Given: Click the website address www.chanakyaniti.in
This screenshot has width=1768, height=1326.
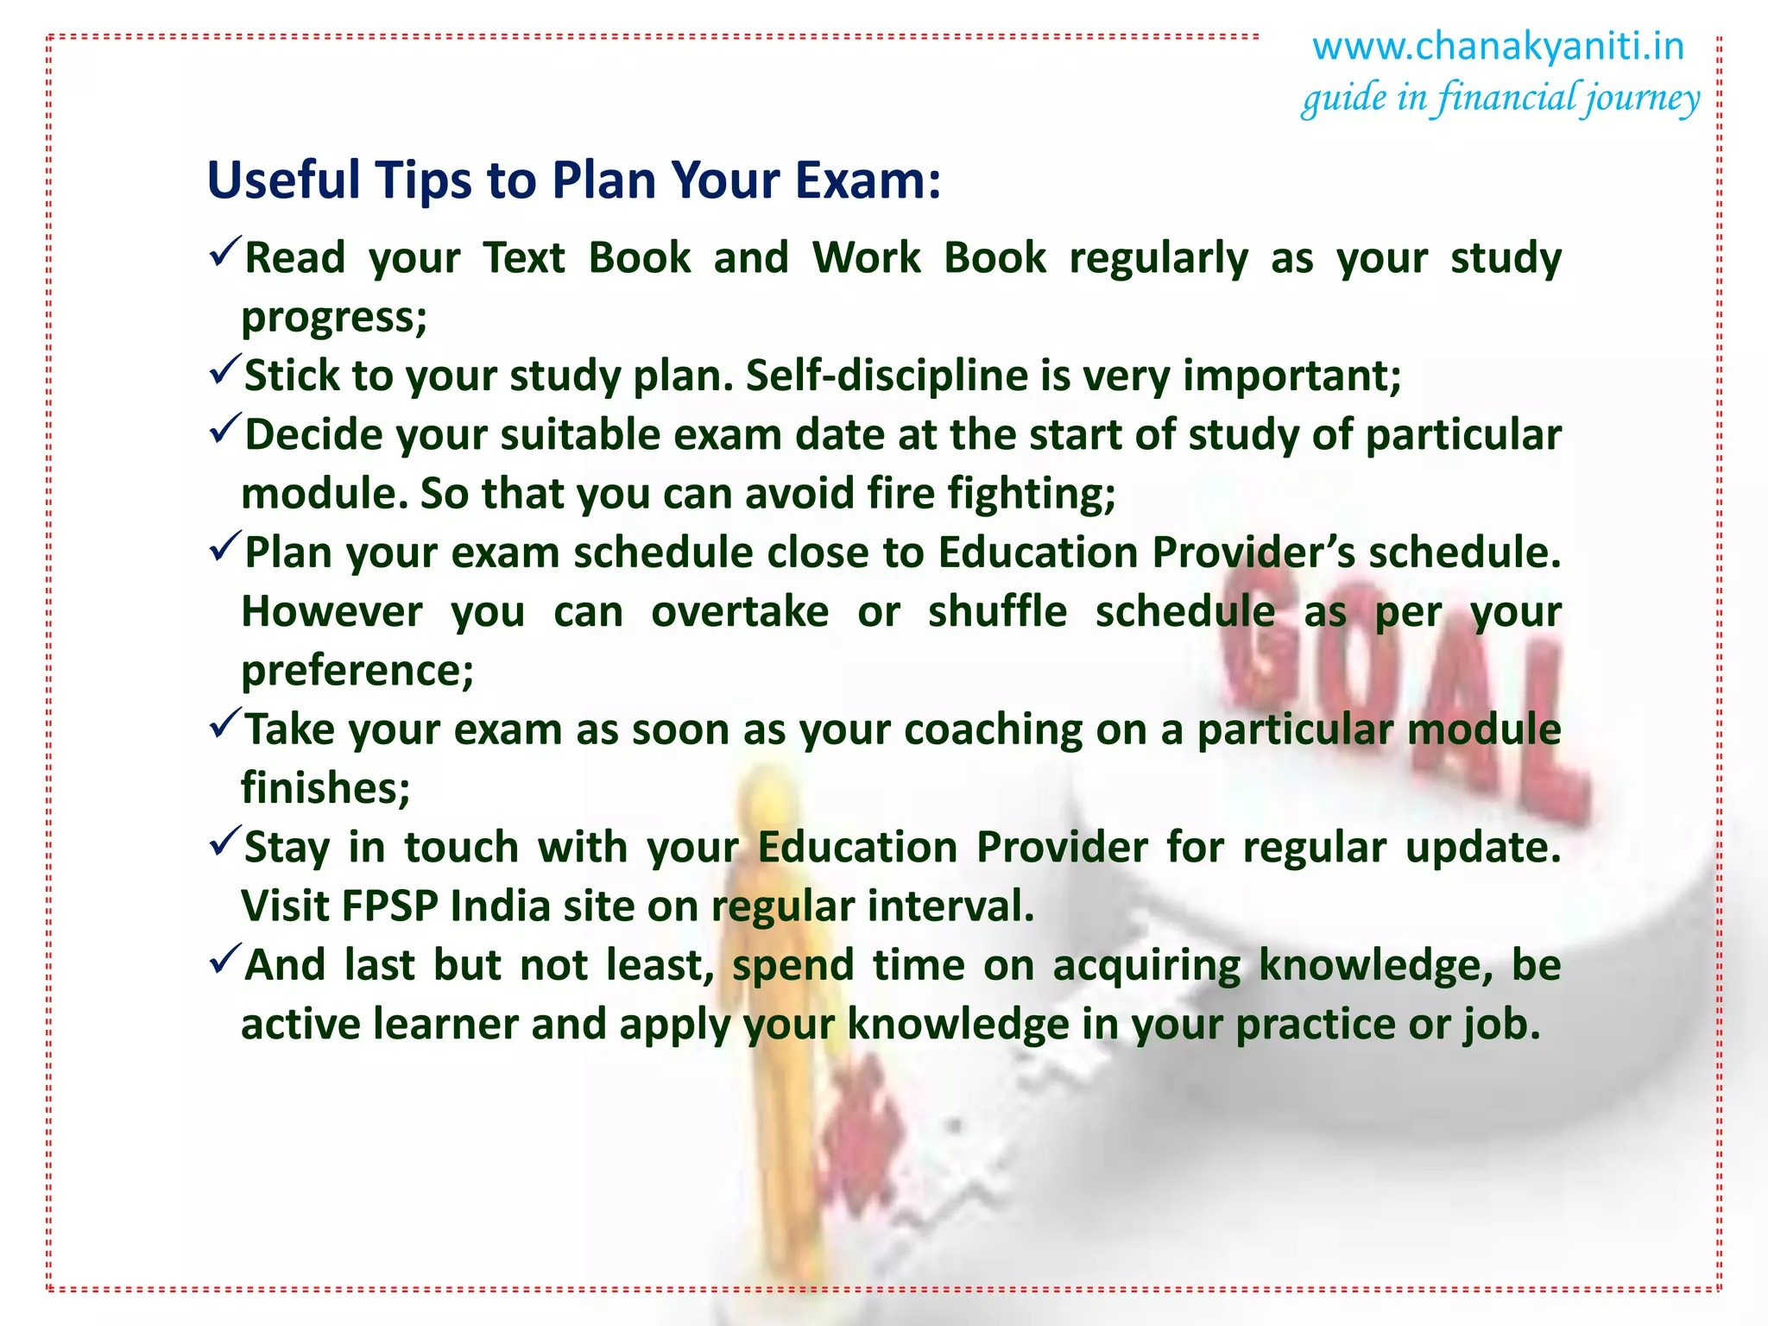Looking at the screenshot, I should pyautogui.click(x=1498, y=47).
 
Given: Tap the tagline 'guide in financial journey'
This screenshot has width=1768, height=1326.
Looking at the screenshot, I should pyautogui.click(x=1500, y=98).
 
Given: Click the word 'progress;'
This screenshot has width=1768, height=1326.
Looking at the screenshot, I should pyautogui.click(x=334, y=318).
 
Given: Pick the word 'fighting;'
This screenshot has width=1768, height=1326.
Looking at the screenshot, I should pyautogui.click(x=1032, y=494).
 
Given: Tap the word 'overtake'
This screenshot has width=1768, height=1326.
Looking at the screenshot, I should pyautogui.click(x=740, y=612).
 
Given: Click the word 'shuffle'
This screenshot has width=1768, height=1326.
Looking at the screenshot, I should pyautogui.click(x=997, y=612).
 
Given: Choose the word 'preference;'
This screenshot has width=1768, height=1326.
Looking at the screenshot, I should pyautogui.click(x=357, y=671).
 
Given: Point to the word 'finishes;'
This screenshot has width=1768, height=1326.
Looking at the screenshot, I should pyautogui.click(x=325, y=788).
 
